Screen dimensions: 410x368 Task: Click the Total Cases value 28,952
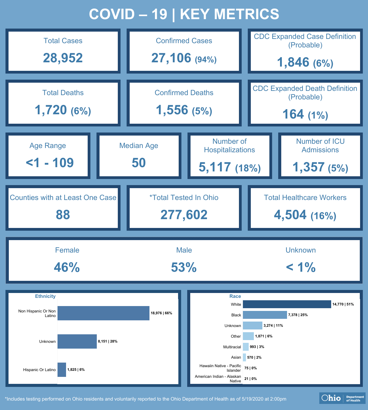point(63,58)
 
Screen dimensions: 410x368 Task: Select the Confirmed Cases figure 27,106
point(171,58)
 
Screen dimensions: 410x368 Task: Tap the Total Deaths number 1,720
point(51,110)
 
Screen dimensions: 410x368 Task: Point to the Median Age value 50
point(139,163)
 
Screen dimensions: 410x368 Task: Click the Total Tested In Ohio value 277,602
point(184,215)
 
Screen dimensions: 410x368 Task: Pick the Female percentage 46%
point(67,267)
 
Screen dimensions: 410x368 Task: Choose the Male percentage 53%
point(184,267)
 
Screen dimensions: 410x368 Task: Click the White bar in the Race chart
point(287,304)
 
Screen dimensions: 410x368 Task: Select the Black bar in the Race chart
point(265,315)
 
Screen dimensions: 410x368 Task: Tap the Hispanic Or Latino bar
point(62,370)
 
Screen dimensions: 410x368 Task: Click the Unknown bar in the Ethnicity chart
point(77,341)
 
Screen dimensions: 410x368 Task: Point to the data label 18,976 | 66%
point(161,313)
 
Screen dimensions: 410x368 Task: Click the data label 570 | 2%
point(254,357)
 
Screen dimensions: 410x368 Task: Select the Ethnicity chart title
point(45,296)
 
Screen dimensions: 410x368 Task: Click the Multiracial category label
point(232,347)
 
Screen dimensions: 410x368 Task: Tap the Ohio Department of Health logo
point(342,398)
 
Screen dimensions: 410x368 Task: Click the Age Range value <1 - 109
point(50,163)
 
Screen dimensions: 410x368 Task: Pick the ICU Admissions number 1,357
point(309,167)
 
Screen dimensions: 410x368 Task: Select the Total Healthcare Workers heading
point(305,198)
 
